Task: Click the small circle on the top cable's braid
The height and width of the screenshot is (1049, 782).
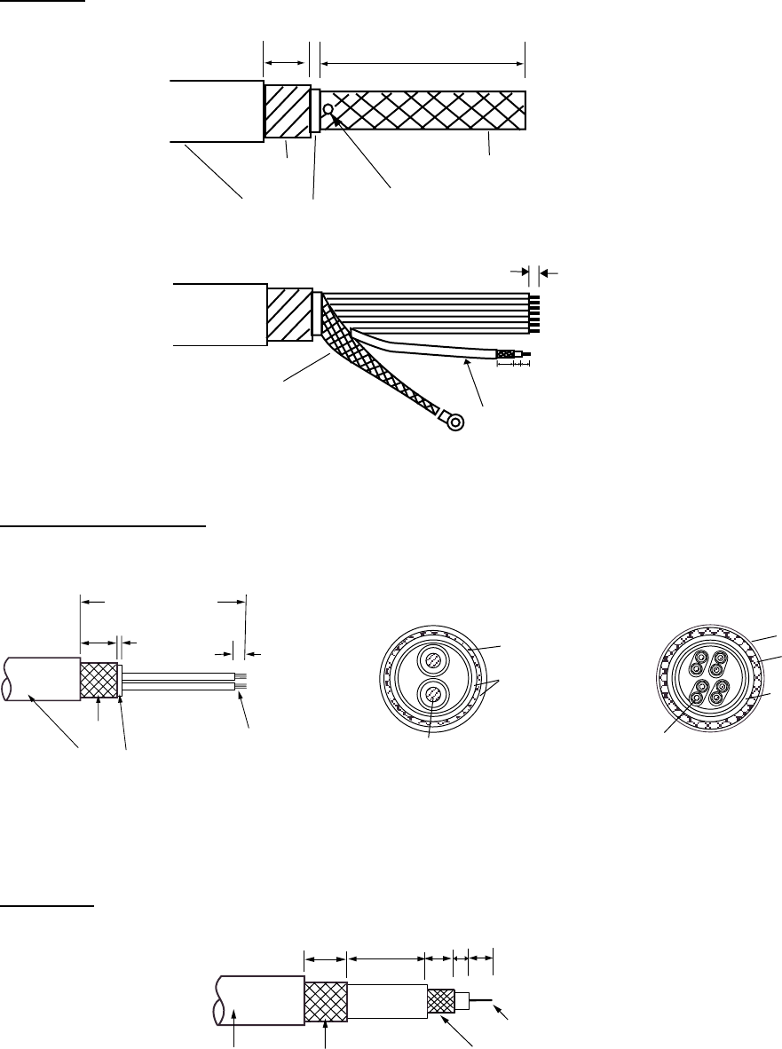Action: pyautogui.click(x=328, y=110)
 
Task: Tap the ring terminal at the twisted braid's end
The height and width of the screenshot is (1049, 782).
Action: pyautogui.click(x=455, y=422)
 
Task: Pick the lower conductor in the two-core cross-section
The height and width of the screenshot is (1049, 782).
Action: pyautogui.click(x=431, y=694)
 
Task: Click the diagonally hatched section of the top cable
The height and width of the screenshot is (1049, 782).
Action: pyautogui.click(x=287, y=111)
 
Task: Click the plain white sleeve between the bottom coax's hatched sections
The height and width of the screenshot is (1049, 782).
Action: pyautogui.click(x=386, y=1000)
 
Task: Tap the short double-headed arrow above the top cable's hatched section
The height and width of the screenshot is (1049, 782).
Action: pyautogui.click(x=286, y=62)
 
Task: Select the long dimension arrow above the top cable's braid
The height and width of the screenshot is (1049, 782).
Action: pyautogui.click(x=423, y=62)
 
